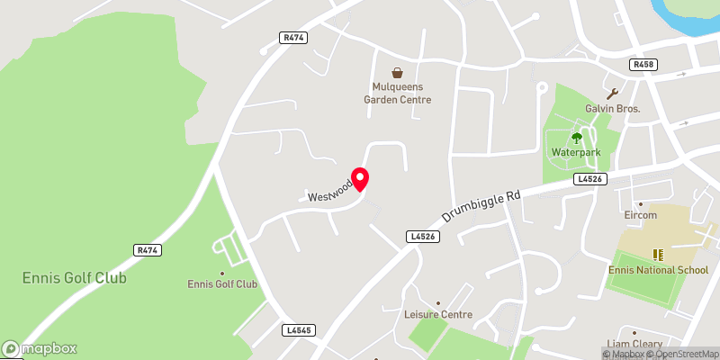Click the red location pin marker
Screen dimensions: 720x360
click(360, 179)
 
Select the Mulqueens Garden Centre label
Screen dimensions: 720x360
click(397, 93)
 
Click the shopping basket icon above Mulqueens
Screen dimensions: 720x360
click(397, 72)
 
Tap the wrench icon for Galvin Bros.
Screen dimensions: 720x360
click(613, 93)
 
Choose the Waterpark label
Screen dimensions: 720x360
click(576, 152)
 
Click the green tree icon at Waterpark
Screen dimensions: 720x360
click(577, 138)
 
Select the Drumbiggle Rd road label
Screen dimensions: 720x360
click(482, 206)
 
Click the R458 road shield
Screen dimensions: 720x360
click(643, 65)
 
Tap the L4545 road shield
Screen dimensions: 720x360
click(297, 330)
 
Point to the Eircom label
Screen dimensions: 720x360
click(640, 216)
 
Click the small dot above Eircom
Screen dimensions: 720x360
click(640, 204)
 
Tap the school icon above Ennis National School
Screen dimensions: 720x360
click(657, 255)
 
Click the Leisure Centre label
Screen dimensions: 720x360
click(438, 314)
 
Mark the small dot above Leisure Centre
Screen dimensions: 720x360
click(438, 302)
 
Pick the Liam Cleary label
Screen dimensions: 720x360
click(635, 344)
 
